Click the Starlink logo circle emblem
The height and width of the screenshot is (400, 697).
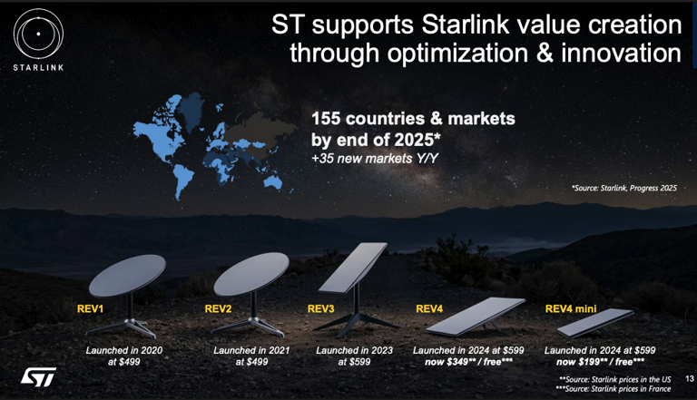click(38, 34)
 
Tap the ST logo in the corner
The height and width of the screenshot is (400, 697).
click(38, 377)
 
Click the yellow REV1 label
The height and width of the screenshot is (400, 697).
click(90, 308)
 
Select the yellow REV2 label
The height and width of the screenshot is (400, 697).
click(218, 308)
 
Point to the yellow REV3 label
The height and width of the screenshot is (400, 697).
click(320, 308)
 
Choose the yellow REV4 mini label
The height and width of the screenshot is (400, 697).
click(571, 308)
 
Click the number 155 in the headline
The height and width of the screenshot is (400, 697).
click(326, 119)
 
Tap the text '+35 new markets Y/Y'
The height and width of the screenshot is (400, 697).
click(375, 159)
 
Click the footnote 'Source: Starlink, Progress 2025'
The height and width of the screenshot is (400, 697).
click(624, 188)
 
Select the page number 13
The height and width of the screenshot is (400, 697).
click(690, 378)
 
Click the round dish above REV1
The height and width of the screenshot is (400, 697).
click(127, 275)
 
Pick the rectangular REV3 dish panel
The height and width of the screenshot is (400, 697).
click(353, 267)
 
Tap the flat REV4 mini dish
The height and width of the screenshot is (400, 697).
click(595, 322)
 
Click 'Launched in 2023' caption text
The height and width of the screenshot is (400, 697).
click(354, 350)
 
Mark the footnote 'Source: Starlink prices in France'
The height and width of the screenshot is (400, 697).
click(613, 389)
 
